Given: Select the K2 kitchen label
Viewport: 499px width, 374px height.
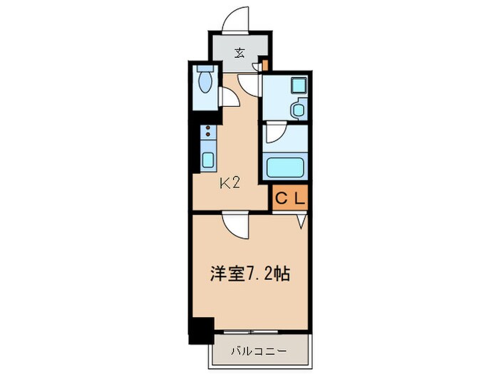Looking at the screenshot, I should pyautogui.click(x=229, y=183).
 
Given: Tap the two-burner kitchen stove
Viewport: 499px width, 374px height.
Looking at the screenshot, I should pyautogui.click(x=208, y=132).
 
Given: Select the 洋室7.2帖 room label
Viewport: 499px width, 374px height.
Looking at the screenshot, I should pyautogui.click(x=249, y=273).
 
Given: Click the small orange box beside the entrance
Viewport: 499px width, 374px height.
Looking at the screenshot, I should pyautogui.click(x=264, y=66).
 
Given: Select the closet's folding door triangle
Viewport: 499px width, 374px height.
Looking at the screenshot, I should pyautogui.click(x=302, y=220).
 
